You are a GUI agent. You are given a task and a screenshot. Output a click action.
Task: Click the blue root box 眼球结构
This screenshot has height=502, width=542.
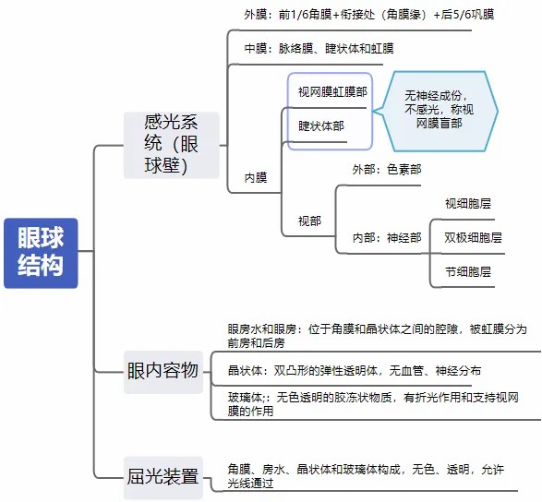pyautogui.click(x=41, y=253)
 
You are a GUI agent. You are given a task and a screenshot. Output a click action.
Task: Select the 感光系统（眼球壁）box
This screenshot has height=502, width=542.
pyautogui.click(x=172, y=145)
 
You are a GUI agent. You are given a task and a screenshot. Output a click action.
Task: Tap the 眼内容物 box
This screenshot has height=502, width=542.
pyautogui.click(x=163, y=372)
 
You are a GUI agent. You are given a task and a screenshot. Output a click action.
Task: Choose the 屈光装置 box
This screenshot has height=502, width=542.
pyautogui.click(x=163, y=477)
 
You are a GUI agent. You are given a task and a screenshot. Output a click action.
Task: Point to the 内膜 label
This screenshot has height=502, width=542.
pyautogui.click(x=256, y=177)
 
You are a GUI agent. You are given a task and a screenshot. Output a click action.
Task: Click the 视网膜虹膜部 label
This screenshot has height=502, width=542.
pyautogui.click(x=332, y=92)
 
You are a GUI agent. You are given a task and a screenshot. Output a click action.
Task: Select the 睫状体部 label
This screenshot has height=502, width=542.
pyautogui.click(x=321, y=125)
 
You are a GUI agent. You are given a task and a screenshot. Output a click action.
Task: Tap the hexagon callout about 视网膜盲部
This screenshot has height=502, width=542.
pyautogui.click(x=436, y=112)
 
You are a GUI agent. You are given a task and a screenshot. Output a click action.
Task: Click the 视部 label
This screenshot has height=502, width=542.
pyautogui.click(x=309, y=221)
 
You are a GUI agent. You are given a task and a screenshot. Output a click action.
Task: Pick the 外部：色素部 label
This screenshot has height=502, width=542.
pyautogui.click(x=387, y=169)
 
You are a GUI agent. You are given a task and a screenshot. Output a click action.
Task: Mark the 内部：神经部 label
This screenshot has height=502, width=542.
pyautogui.click(x=387, y=238)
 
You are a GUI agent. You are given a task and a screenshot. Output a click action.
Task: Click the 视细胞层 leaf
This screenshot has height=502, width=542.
pyautogui.click(x=468, y=204)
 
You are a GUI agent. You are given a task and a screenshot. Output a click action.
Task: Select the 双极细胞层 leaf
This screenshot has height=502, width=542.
pyautogui.click(x=473, y=238)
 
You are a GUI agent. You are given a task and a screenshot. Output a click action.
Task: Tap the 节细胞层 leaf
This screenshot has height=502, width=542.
pyautogui.click(x=468, y=272)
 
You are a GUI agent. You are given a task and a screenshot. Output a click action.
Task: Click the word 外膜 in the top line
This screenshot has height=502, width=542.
pyautogui.click(x=256, y=15)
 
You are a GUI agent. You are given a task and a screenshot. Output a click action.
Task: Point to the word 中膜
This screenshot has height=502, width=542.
pyautogui.click(x=256, y=48)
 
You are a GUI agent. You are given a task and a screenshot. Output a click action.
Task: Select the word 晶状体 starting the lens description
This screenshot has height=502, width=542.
pyautogui.click(x=245, y=371)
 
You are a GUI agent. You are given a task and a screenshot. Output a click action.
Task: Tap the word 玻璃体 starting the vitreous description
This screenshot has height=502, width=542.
pyautogui.click(x=245, y=398)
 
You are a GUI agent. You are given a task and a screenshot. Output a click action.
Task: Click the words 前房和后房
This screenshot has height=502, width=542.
pyautogui.click(x=256, y=343)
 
